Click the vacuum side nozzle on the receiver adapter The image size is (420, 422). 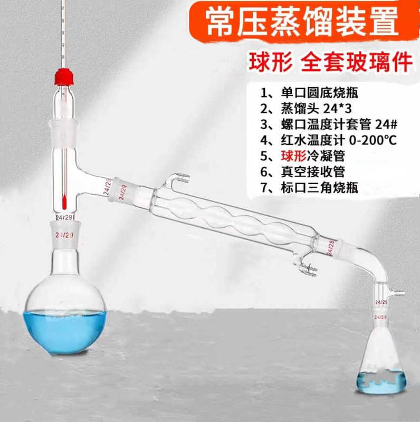click(398, 291)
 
